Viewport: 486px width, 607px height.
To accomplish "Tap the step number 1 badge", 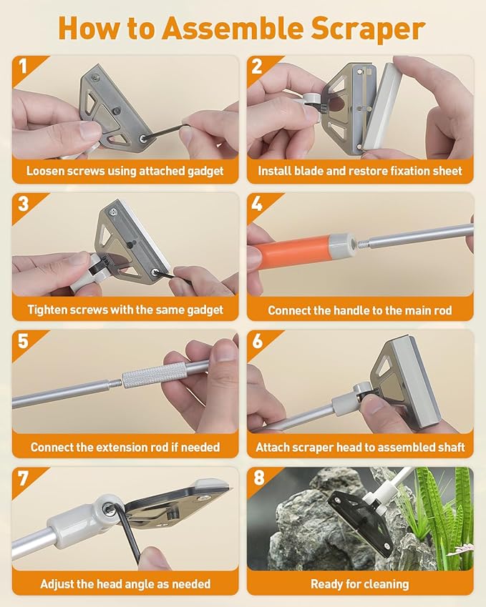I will (x=22, y=66).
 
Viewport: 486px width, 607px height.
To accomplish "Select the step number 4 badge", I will (x=257, y=204).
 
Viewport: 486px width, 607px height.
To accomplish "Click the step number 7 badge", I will (x=22, y=478).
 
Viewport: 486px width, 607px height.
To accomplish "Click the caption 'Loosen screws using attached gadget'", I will (x=125, y=171).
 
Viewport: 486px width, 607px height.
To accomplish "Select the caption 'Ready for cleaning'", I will (x=360, y=584).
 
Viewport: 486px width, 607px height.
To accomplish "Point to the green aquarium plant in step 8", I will (x=442, y=515).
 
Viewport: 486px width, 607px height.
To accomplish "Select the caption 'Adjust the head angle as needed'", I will (x=125, y=584).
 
